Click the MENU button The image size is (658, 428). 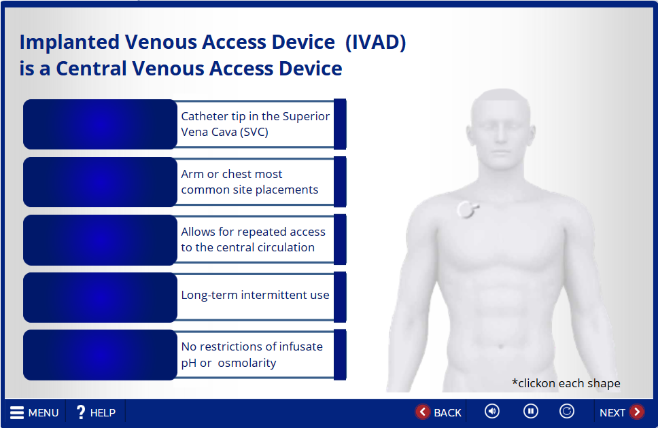35,412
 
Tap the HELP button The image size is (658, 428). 96,412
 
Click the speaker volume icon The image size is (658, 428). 492,411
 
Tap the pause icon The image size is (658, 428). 530,411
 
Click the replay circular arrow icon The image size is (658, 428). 566,411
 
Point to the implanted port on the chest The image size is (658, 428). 467,209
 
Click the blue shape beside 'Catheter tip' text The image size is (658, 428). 100,124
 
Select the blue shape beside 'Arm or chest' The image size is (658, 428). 100,181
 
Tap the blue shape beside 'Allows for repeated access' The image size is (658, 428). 100,240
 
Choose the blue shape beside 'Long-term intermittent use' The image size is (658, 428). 100,297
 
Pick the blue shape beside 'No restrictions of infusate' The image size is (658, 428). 100,355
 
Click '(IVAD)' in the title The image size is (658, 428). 376,42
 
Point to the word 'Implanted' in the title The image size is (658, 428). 69,42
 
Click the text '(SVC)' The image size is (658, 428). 254,132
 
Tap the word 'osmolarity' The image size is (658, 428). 247,363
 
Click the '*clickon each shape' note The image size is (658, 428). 566,383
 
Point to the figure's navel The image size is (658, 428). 500,346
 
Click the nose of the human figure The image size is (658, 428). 500,135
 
